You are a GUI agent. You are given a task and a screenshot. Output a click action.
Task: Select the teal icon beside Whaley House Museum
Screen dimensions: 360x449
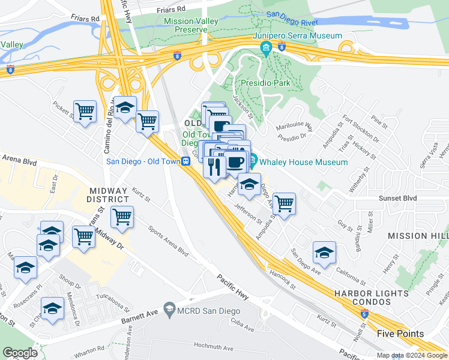click(254, 161)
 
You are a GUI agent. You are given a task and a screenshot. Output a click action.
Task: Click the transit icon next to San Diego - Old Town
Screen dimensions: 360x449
click(187, 161)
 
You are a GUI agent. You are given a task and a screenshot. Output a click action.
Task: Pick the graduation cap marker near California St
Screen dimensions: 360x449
click(324, 251)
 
